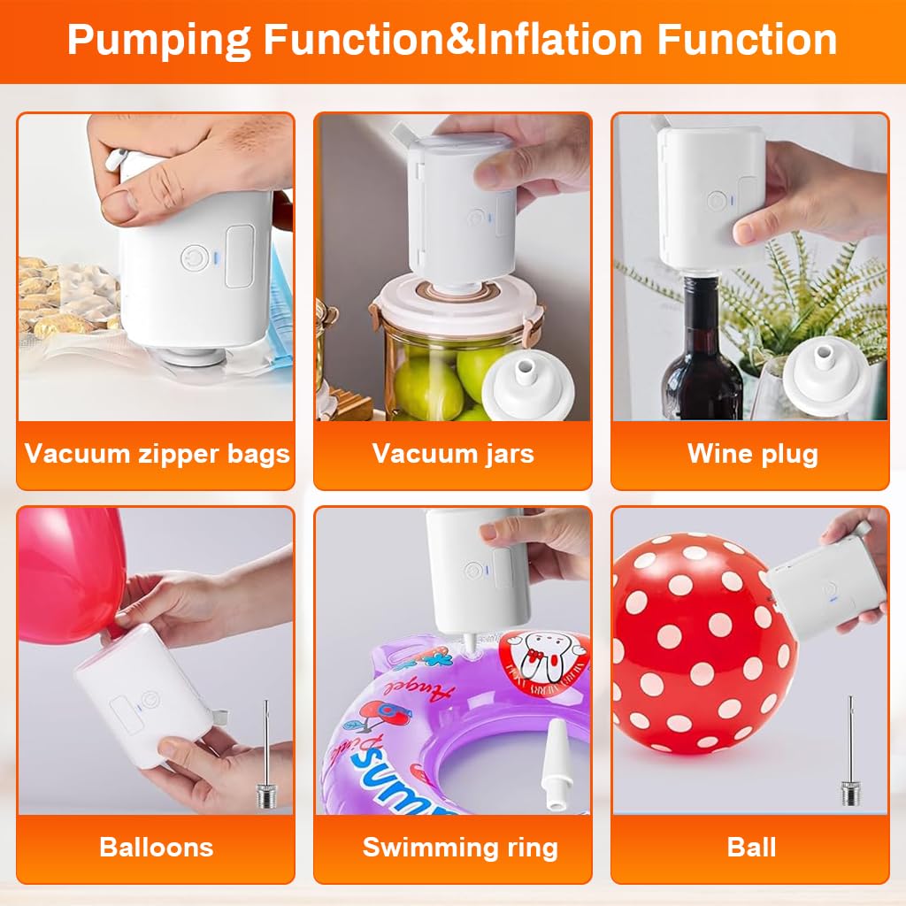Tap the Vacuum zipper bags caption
click(157, 454)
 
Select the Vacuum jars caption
click(453, 454)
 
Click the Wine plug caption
click(752, 454)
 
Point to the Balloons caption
click(157, 847)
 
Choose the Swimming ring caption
click(460, 847)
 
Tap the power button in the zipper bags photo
click(192, 257)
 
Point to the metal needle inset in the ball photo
click(850, 752)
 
